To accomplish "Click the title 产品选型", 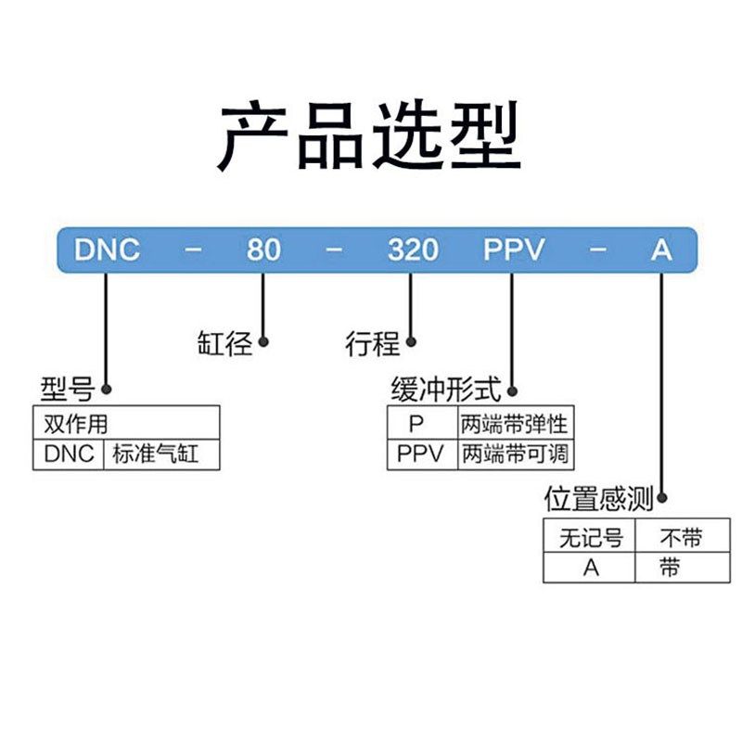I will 370,136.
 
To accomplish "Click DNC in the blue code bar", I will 107,249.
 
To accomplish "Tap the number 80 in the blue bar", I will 263,249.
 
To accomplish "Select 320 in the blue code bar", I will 412,249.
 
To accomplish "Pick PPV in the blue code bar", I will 513,249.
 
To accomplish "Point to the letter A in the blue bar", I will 660,249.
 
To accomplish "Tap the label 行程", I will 373,345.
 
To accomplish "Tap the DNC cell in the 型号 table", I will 70,454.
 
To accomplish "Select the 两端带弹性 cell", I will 514,425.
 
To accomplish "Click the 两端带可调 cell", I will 514,454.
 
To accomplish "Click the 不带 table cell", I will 681,537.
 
